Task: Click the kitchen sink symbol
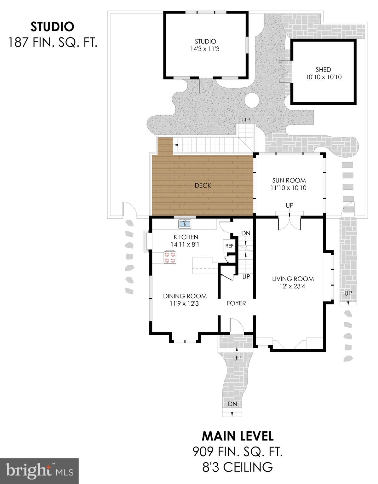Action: coord(185,224)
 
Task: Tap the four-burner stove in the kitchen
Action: coord(170,257)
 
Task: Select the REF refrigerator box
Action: coord(229,245)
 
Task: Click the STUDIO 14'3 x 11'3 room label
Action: coord(205,45)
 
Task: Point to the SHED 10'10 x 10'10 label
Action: coord(323,73)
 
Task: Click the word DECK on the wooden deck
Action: coord(203,186)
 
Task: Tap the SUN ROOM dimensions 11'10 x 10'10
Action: coord(289,188)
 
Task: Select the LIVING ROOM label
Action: coord(293,279)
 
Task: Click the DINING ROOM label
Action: coord(185,296)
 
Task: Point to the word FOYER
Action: coord(236,303)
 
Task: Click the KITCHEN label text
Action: coord(186,237)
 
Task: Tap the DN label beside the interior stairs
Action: coord(246,233)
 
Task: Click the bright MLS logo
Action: coord(39,471)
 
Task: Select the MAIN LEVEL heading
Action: coord(238,436)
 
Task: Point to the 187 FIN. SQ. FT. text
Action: coord(52,42)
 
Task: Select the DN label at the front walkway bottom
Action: coord(232,404)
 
